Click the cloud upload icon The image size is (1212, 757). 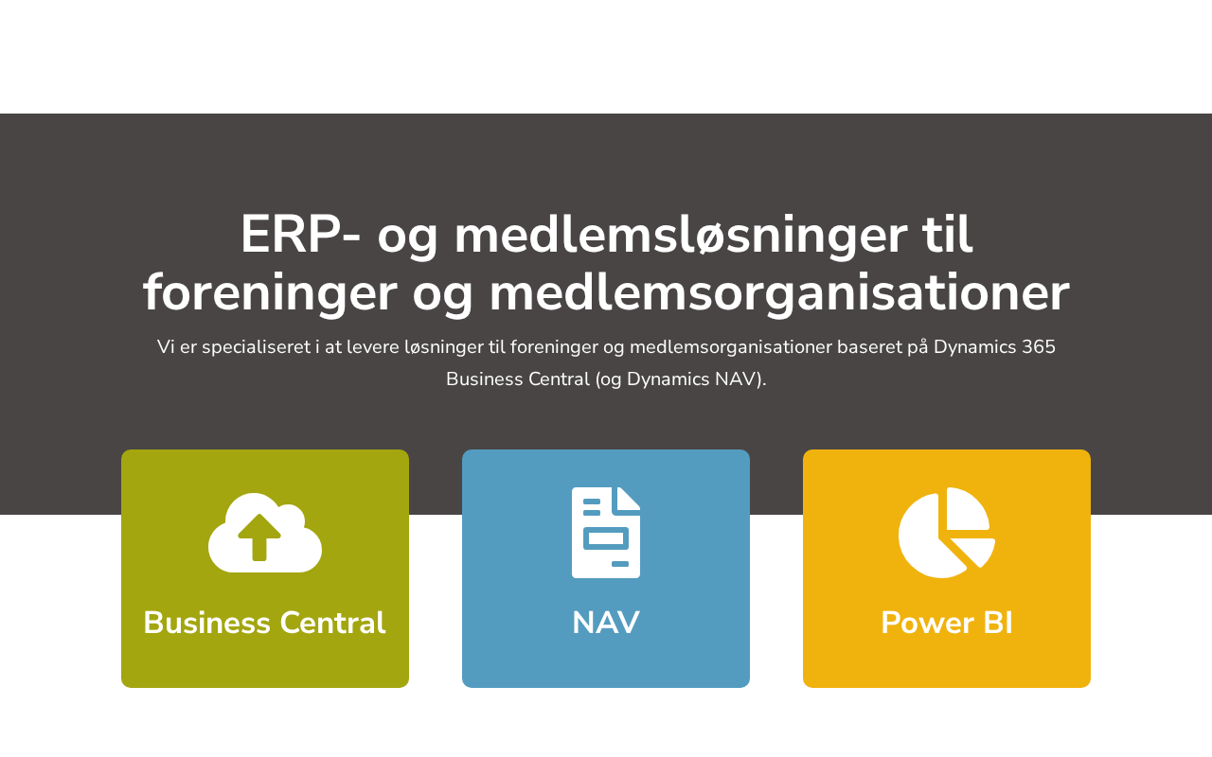click(265, 533)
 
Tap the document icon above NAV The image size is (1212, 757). click(606, 533)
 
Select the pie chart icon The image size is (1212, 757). click(946, 533)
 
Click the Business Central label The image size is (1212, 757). click(264, 623)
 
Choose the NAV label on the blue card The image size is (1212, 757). click(606, 623)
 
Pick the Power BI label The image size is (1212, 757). click(947, 623)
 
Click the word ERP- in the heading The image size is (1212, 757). click(300, 235)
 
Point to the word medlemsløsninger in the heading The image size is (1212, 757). click(681, 237)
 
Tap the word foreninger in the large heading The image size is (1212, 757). click(270, 294)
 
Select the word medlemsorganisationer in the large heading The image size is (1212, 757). click(779, 294)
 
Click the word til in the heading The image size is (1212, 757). click(948, 234)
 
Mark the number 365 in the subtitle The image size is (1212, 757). click(1039, 346)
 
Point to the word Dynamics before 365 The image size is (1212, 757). click(975, 347)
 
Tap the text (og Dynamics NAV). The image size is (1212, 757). click(681, 380)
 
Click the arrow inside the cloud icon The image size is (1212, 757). click(259, 537)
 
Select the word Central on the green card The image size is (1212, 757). click(332, 623)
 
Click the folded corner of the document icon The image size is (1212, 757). click(629, 499)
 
